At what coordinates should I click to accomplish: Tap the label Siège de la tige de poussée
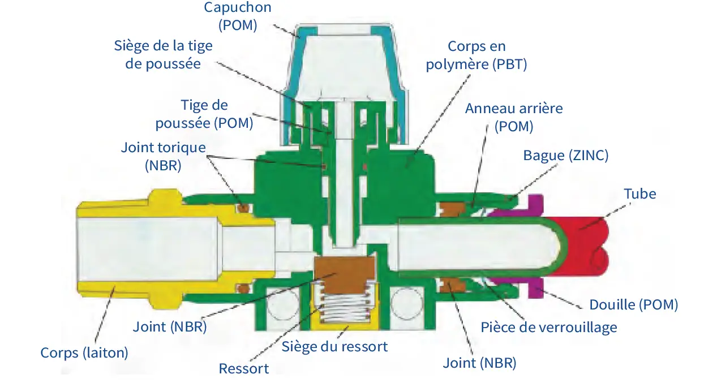pos(163,54)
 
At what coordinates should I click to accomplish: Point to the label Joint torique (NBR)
pos(163,157)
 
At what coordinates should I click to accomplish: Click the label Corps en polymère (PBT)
pos(476,55)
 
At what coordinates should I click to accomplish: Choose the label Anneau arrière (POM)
pos(514,117)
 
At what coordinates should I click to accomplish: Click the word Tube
pos(640,193)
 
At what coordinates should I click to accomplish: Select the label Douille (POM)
pos(633,304)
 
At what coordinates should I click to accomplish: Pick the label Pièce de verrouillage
pos(548,327)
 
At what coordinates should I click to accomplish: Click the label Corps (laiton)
pos(84,352)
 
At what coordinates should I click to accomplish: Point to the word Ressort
pos(244,368)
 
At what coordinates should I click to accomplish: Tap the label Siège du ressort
pos(335,346)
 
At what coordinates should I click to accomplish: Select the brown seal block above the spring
pos(344,271)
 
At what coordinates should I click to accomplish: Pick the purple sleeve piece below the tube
pos(536,289)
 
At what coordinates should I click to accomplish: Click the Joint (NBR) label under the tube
pos(479,363)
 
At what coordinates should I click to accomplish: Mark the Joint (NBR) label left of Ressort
pos(170,326)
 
